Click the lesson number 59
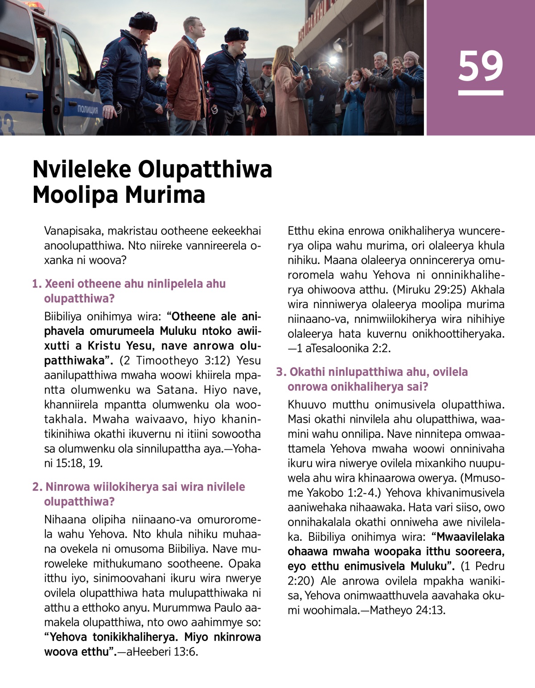(x=481, y=66)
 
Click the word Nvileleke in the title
(x=82, y=170)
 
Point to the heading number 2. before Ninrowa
(x=37, y=487)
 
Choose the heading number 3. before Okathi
(x=281, y=372)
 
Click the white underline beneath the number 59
(x=481, y=93)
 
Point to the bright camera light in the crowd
(x=332, y=59)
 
